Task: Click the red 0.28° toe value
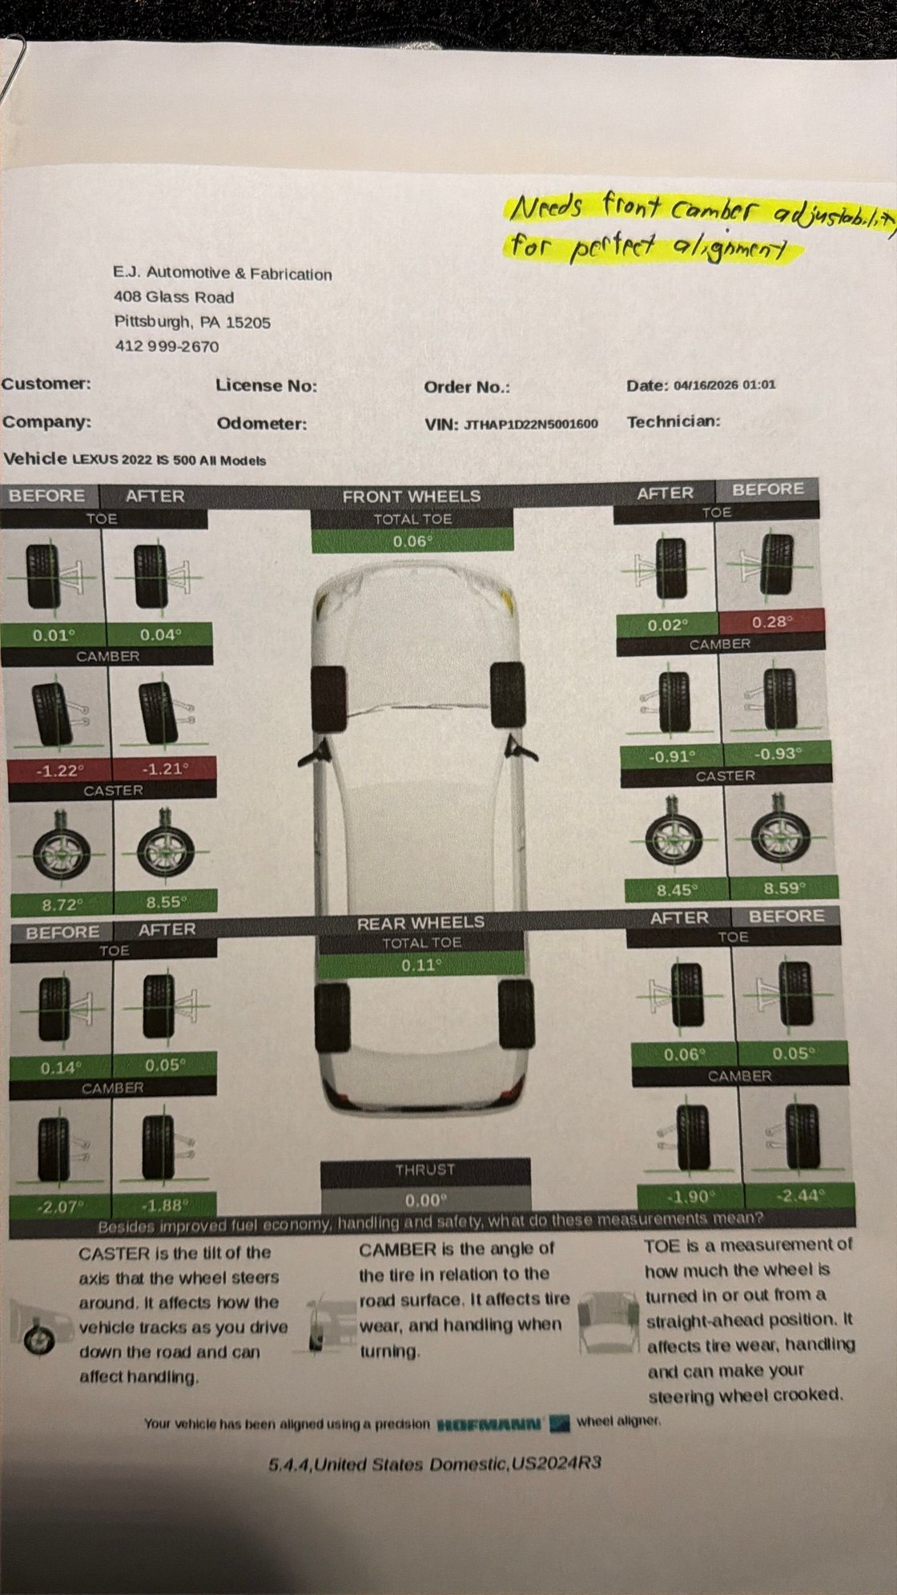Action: pyautogui.click(x=772, y=622)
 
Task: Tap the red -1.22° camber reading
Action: pyautogui.click(x=60, y=771)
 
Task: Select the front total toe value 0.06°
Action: pyautogui.click(x=412, y=542)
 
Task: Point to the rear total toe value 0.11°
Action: pyautogui.click(x=420, y=965)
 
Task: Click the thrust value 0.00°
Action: pyautogui.click(x=424, y=1200)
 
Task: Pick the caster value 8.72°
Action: pyautogui.click(x=62, y=905)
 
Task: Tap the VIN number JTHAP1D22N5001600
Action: pyautogui.click(x=530, y=424)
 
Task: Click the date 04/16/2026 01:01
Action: pyautogui.click(x=724, y=385)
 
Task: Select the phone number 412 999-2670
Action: pyautogui.click(x=167, y=347)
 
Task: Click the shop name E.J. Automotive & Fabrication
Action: pyautogui.click(x=223, y=274)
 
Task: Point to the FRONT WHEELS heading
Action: pyautogui.click(x=412, y=497)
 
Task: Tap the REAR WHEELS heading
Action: pyautogui.click(x=420, y=923)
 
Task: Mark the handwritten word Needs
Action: pyautogui.click(x=546, y=208)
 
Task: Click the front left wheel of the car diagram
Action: pyautogui.click(x=329, y=698)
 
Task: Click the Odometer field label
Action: pyautogui.click(x=261, y=424)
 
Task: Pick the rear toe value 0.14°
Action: pyautogui.click(x=61, y=1068)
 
